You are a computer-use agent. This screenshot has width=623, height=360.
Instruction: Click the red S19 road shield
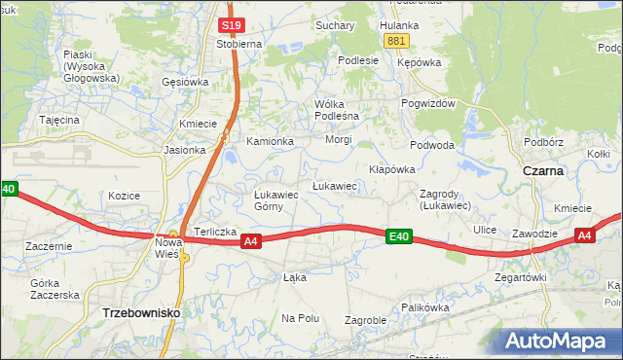pos(231,25)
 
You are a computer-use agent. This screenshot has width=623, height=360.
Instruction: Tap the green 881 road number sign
pos(395,41)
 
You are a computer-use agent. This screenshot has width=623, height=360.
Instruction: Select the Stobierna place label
pos(238,44)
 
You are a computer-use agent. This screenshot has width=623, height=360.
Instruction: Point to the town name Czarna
pos(543,170)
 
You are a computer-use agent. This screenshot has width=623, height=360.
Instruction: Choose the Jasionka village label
pos(185,150)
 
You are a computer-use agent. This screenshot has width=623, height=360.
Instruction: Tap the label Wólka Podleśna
pos(337,110)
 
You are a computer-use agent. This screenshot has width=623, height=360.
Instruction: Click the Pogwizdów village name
pos(427,104)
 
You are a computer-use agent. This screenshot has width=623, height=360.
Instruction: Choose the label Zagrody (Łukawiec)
pos(445,199)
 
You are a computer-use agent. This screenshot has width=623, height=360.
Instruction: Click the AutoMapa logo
pos(561,341)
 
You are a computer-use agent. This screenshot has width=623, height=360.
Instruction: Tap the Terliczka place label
pos(215,232)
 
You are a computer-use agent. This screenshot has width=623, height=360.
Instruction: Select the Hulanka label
pos(399,24)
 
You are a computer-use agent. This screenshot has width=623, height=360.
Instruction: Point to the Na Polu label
pos(301,318)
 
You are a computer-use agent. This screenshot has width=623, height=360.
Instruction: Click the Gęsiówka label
pos(186,82)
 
